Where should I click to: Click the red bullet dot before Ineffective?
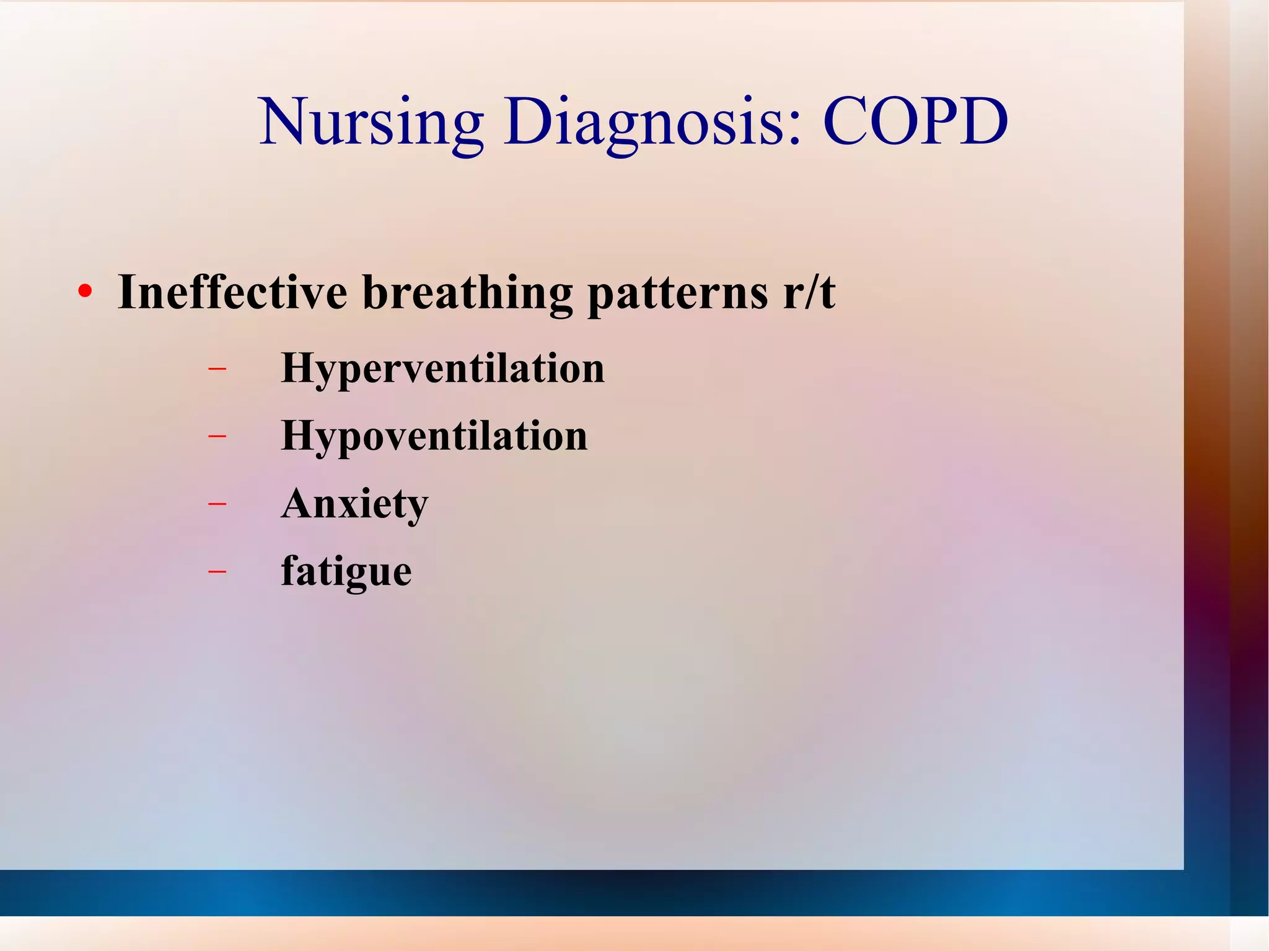point(85,291)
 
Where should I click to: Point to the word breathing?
point(467,292)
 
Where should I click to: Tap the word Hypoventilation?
point(434,437)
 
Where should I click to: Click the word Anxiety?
point(354,504)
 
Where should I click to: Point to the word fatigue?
point(346,571)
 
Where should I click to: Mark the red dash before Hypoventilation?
point(217,436)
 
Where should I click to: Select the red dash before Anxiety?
point(217,504)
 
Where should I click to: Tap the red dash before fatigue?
point(217,571)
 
